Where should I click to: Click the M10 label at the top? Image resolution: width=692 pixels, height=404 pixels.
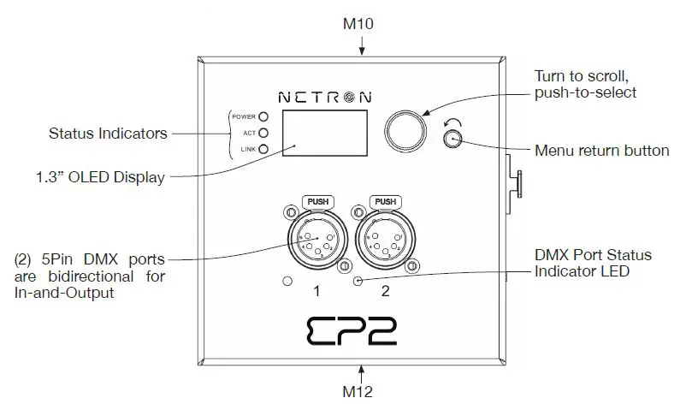362,24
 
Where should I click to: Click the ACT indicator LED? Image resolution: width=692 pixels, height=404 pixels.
264,133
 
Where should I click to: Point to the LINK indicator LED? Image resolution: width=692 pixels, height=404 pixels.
264,149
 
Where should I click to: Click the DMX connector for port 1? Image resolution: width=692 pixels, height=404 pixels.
316,241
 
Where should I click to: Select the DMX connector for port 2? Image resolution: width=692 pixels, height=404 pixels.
384,241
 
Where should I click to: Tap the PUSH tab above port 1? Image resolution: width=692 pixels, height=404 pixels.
316,202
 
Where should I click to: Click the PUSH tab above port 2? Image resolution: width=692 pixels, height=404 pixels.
384,202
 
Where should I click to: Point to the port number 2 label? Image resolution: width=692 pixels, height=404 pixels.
385,291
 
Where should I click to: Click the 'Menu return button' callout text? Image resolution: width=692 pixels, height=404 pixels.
601,151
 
